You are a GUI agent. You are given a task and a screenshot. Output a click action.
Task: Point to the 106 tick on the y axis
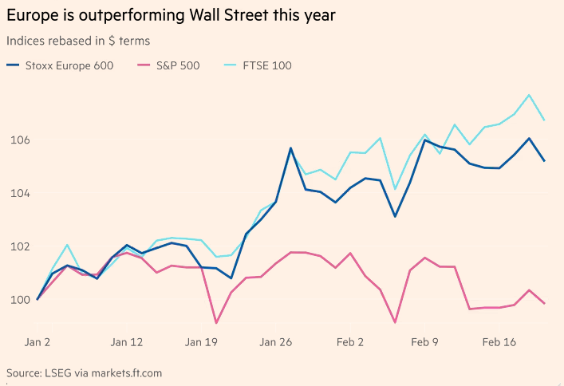click(19, 140)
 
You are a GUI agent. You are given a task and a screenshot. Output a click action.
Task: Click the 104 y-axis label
click(19, 193)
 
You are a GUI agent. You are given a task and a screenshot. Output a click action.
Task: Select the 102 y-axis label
click(19, 246)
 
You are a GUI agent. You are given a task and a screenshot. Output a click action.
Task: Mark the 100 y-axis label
click(19, 299)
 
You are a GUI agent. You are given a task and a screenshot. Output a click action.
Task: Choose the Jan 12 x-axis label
click(127, 342)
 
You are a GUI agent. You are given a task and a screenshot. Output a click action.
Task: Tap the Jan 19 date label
click(202, 342)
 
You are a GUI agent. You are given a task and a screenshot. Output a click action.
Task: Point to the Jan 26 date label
click(277, 342)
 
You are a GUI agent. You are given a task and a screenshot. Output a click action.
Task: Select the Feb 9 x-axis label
click(425, 342)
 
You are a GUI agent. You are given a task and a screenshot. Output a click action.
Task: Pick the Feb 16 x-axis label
click(500, 342)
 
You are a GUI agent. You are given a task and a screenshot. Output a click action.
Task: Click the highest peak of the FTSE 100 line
click(530, 95)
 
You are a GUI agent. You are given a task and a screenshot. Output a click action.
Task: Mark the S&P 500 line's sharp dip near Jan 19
click(216, 323)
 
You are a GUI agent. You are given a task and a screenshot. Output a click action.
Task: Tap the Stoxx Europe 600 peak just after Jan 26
click(291, 148)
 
